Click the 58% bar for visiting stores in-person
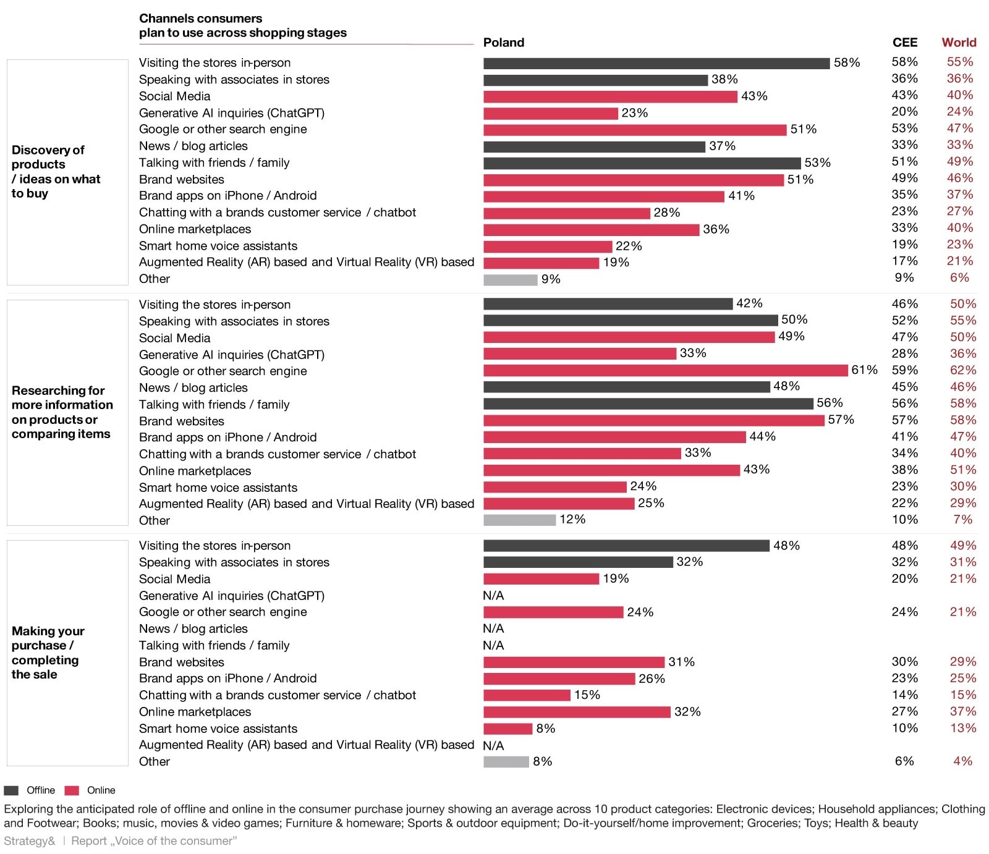[x=656, y=64]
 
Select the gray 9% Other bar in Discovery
[x=511, y=280]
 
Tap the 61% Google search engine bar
[x=666, y=370]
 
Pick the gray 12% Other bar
[x=520, y=520]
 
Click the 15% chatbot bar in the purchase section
[x=527, y=695]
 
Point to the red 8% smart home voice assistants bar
[x=507, y=729]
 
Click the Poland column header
[x=504, y=43]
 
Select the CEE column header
[x=905, y=43]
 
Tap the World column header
[x=959, y=43]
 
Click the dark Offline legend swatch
[x=11, y=790]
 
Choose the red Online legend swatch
[x=72, y=790]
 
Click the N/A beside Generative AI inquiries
[x=493, y=596]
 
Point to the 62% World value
[x=963, y=370]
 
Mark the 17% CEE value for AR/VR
[x=905, y=261]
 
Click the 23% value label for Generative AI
[x=635, y=113]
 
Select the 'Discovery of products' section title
[x=56, y=172]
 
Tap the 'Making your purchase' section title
[x=48, y=653]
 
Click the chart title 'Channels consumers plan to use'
[x=243, y=25]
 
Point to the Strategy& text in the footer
[x=29, y=841]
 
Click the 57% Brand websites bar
[x=654, y=421]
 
